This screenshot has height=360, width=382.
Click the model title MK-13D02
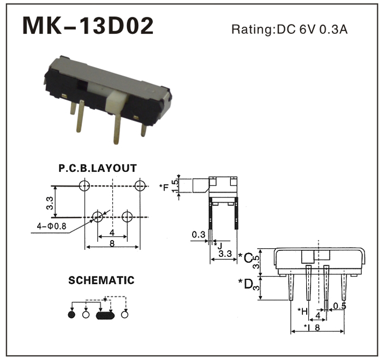88,26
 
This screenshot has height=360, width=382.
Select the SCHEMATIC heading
101,281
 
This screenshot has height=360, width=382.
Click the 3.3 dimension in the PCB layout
49,203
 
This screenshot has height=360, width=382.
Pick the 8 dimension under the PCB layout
112,243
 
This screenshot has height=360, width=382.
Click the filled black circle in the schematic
70,315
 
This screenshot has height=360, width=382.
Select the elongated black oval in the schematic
105,315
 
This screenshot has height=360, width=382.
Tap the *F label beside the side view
164,188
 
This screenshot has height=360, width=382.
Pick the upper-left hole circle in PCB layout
84,185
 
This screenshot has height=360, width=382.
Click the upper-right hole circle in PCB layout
141,185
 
